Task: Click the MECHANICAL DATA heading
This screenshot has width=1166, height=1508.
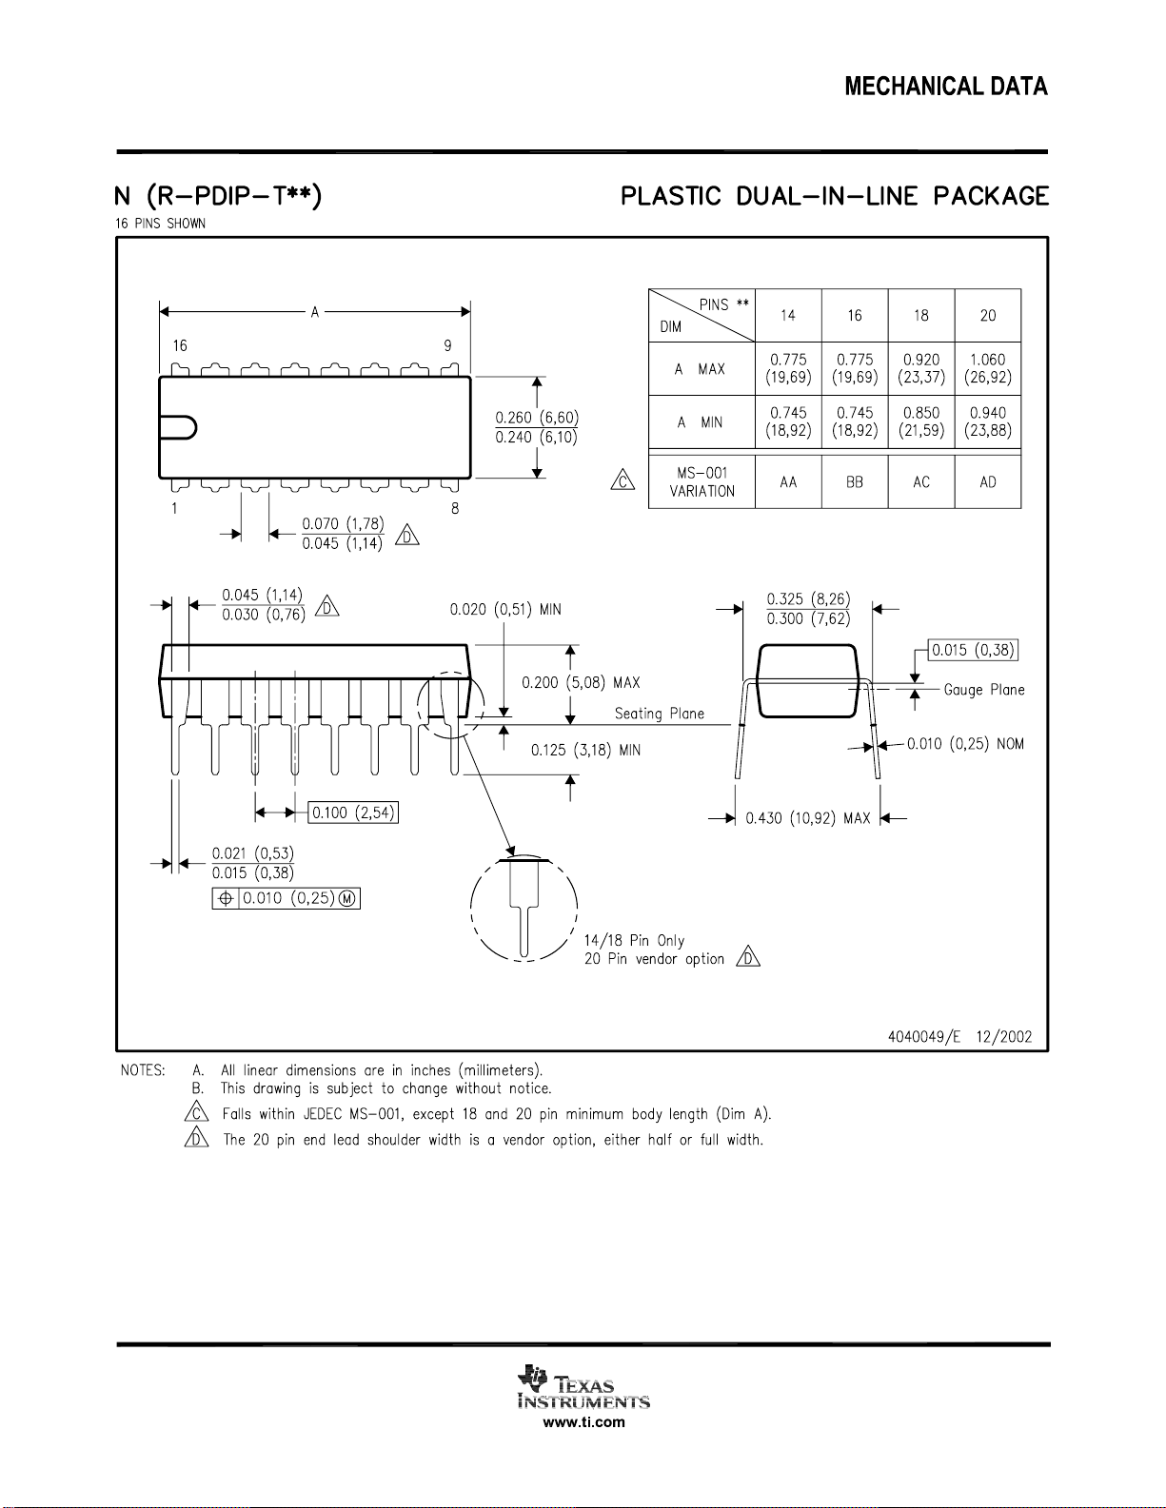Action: [946, 87]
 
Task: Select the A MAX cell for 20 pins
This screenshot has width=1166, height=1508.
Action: [988, 368]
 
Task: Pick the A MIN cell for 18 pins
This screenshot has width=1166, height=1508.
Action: [921, 421]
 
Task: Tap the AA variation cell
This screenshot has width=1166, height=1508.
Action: [788, 481]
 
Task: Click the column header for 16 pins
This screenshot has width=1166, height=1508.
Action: [855, 316]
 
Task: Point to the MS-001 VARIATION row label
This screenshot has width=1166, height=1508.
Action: [702, 481]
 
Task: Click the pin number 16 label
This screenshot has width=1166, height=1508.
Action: [180, 345]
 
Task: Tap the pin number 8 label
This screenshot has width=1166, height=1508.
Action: [455, 509]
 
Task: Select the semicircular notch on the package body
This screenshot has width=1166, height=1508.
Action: [178, 427]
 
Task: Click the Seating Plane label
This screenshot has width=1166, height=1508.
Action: [660, 714]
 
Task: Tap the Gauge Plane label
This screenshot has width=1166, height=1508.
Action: [984, 690]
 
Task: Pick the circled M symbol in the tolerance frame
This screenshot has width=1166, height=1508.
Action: [347, 899]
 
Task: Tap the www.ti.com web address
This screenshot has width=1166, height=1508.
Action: [583, 1422]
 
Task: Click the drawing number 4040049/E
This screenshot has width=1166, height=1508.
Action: [924, 1037]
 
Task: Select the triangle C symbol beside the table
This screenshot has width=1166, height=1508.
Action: [623, 480]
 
